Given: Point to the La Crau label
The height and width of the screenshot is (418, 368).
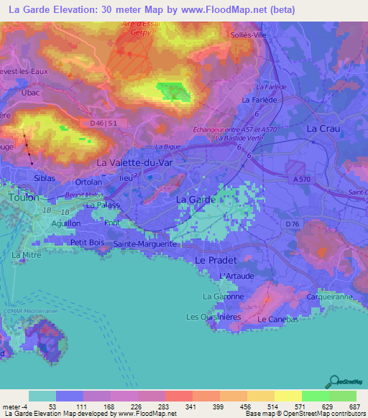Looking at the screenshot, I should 323,127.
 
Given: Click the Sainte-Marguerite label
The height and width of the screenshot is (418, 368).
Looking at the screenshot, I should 146,244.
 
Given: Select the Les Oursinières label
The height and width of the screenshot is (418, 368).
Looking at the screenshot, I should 213,317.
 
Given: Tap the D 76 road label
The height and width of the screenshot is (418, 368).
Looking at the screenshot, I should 291,226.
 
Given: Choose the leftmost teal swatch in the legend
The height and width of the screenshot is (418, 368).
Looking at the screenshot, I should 42,396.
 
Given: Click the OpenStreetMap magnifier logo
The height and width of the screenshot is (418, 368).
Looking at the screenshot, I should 333,381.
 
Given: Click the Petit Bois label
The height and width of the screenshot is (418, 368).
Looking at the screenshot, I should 87,243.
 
